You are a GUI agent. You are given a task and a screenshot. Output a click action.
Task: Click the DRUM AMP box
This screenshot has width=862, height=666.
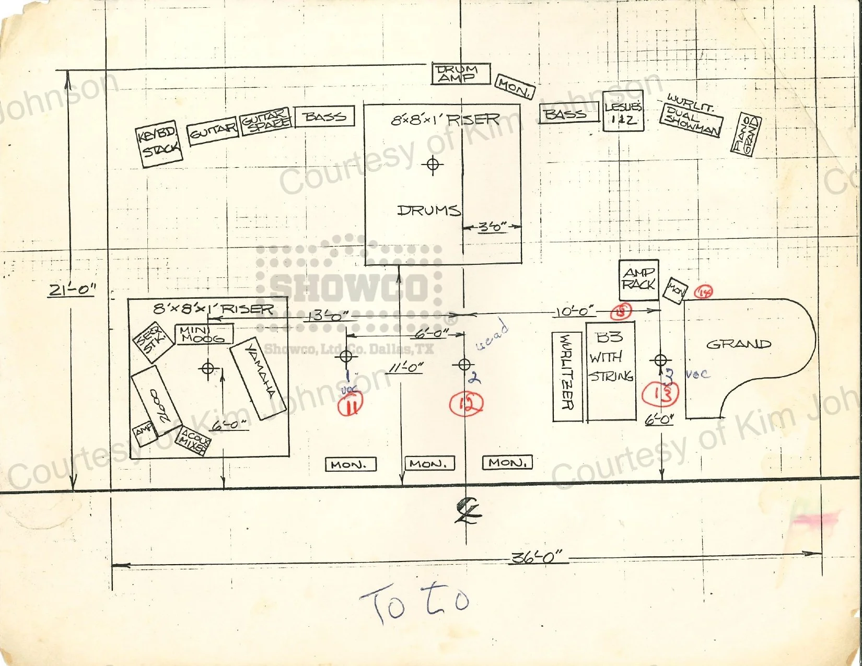click(x=461, y=74)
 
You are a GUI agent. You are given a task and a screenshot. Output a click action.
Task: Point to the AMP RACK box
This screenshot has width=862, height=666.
click(x=638, y=279)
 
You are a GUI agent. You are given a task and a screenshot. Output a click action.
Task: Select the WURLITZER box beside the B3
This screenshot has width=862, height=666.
click(x=567, y=377)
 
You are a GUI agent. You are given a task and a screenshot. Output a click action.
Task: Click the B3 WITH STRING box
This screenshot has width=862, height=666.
click(x=611, y=371)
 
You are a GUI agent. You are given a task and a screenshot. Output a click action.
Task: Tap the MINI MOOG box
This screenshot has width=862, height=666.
click(x=205, y=334)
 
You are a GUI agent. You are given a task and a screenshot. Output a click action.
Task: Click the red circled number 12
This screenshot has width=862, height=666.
click(x=466, y=403)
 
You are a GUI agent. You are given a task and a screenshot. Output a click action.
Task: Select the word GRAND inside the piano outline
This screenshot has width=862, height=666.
click(x=738, y=344)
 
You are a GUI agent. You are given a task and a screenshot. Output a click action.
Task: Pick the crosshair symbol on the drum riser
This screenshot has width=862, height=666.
click(x=432, y=164)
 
